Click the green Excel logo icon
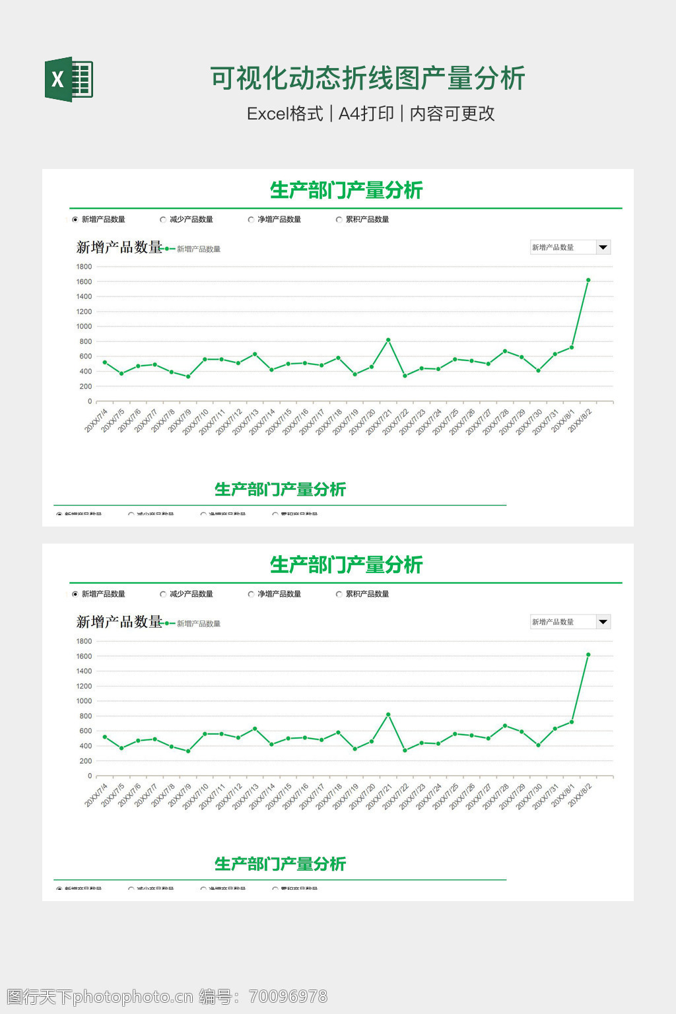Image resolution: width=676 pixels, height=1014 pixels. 69,80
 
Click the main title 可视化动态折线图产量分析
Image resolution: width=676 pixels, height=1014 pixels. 368,79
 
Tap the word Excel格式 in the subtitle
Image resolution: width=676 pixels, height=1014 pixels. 285,114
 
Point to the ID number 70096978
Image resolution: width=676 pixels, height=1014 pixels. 288,996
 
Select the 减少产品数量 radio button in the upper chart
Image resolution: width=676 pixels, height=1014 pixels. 163,220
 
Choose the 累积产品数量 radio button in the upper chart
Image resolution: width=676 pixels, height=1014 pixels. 339,220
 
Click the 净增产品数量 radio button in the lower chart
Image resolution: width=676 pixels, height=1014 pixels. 251,594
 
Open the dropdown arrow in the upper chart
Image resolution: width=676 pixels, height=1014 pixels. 603,248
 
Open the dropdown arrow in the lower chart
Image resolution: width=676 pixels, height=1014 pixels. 603,622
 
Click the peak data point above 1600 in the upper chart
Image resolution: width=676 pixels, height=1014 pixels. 588,280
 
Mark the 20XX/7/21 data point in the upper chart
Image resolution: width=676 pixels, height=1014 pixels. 388,340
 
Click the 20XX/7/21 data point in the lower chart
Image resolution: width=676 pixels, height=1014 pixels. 388,714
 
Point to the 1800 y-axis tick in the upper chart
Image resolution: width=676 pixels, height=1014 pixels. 84,267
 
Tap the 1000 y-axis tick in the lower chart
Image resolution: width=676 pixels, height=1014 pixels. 84,701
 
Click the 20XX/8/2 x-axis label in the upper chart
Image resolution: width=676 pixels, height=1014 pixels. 580,420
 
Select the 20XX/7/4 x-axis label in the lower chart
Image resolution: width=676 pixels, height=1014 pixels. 96,795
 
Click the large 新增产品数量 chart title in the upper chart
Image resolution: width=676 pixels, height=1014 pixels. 119,248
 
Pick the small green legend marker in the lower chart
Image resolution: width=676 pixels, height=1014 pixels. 169,623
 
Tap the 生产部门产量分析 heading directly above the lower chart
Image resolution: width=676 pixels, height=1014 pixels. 346,565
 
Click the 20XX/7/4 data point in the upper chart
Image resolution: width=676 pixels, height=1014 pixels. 104,362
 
